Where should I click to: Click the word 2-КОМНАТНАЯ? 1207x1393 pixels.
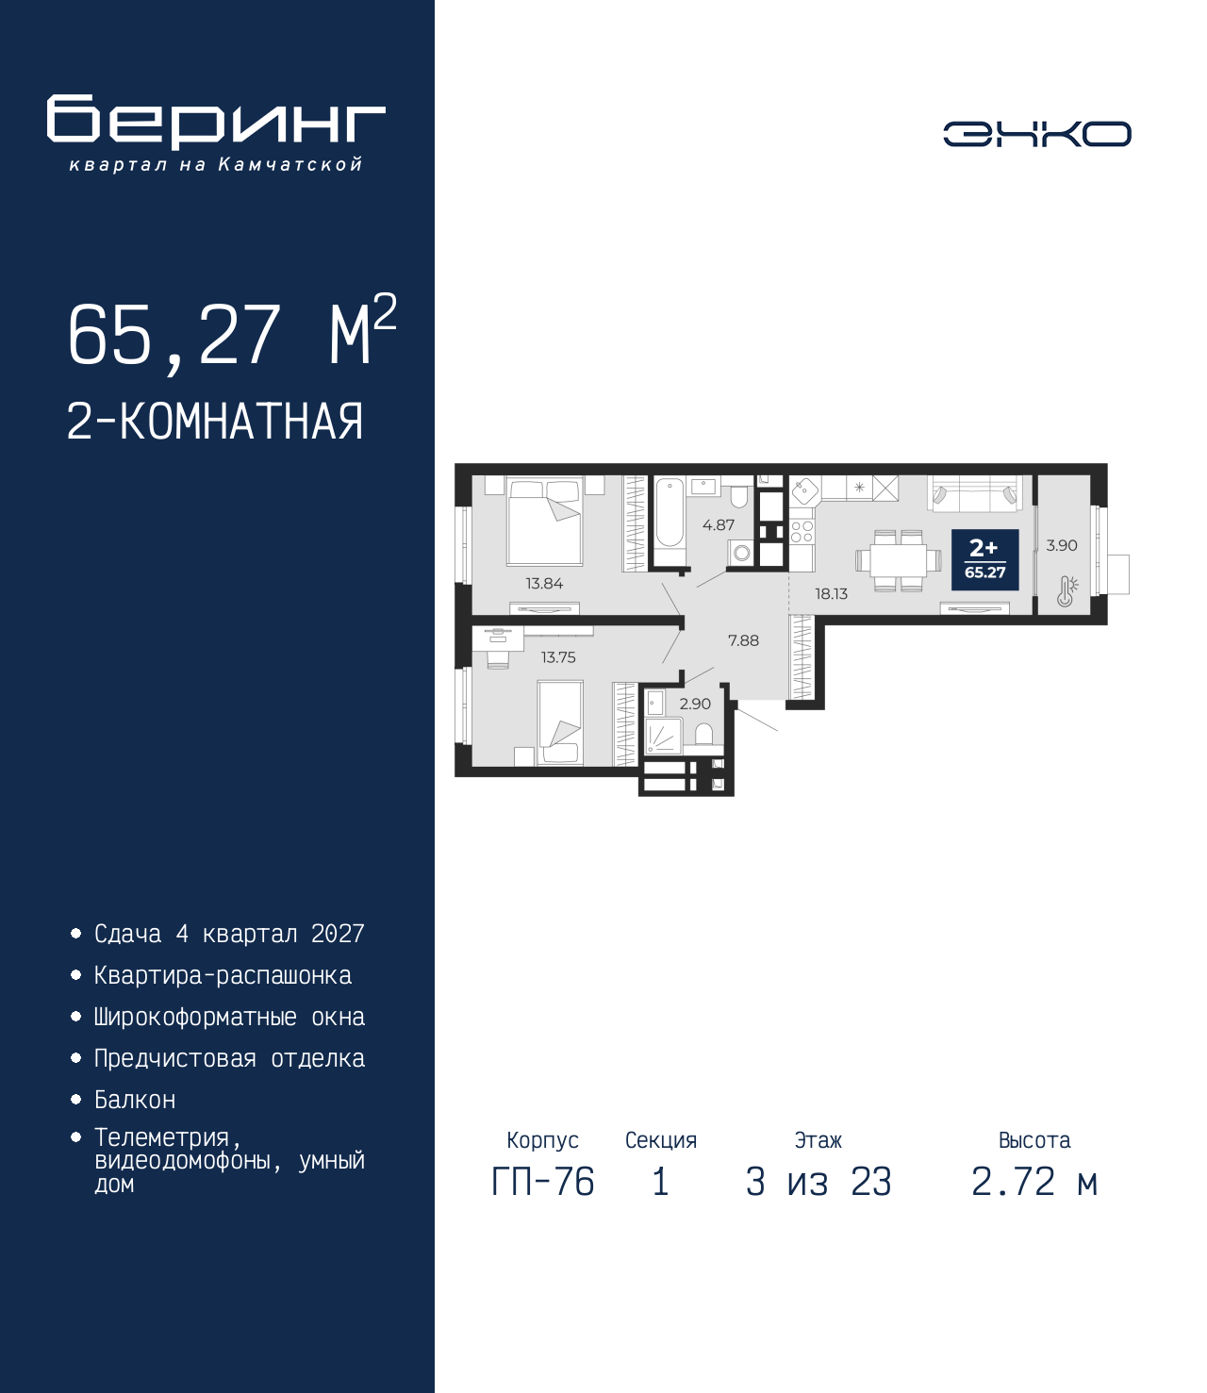pyautogui.click(x=215, y=422)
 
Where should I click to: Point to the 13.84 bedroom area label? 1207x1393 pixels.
pyautogui.click(x=544, y=584)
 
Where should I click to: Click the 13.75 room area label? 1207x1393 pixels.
pyautogui.click(x=558, y=657)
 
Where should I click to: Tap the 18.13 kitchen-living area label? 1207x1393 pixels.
pyautogui.click(x=831, y=594)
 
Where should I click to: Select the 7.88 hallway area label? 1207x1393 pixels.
pyautogui.click(x=743, y=640)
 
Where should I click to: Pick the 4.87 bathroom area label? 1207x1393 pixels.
pyautogui.click(x=719, y=525)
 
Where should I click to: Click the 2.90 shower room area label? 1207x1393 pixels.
pyautogui.click(x=695, y=704)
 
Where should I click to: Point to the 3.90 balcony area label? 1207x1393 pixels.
pyautogui.click(x=1062, y=545)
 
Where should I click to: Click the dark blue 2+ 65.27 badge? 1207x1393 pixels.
pyautogui.click(x=984, y=559)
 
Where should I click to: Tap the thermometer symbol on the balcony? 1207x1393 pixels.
pyautogui.click(x=1066, y=591)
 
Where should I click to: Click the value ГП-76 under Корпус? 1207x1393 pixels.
pyautogui.click(x=542, y=1182)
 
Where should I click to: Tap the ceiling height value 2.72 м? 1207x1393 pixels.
pyautogui.click(x=1034, y=1182)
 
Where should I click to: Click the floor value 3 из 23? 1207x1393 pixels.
pyautogui.click(x=818, y=1182)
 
